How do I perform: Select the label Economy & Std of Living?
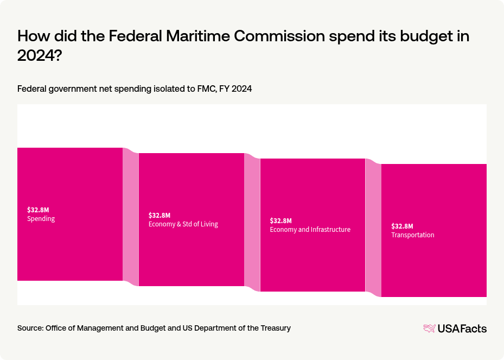[183, 224]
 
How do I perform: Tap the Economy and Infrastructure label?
[310, 230]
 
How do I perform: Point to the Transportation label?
[412, 235]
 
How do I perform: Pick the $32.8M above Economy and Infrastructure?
[280, 220]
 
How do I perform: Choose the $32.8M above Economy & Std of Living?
[159, 215]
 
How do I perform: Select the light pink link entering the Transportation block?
[373, 228]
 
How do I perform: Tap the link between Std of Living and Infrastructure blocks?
[252, 222]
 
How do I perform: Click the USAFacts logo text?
[462, 329]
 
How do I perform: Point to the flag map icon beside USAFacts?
[429, 329]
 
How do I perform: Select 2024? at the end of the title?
[39, 56]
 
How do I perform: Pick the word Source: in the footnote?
[30, 328]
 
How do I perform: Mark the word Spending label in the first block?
[41, 219]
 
